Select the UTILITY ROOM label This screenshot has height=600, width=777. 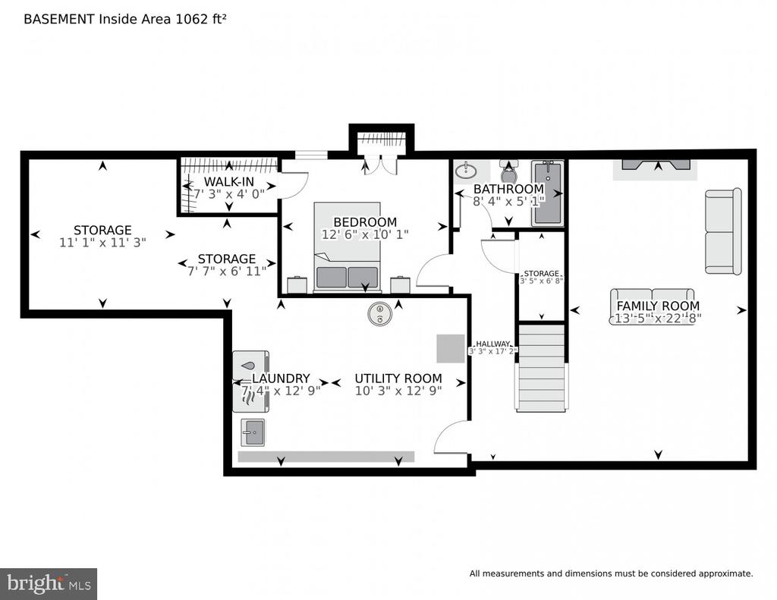coord(398,379)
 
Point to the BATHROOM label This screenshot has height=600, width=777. coord(508,189)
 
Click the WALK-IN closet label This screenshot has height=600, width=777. coord(228,183)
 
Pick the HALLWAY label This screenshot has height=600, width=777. coord(492,344)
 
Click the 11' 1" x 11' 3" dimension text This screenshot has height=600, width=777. coord(102,243)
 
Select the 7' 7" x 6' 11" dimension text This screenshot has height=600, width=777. coord(227,271)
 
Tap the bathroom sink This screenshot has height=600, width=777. coord(466,170)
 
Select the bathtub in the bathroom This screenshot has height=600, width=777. coord(546,193)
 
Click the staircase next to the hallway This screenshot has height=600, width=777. coord(541,368)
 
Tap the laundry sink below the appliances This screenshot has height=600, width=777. coord(253,432)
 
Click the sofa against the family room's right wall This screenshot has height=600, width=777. coord(722,231)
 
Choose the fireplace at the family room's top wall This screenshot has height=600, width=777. coord(656,168)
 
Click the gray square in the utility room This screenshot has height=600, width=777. coord(450,348)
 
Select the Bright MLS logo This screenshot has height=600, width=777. coord(49,583)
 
